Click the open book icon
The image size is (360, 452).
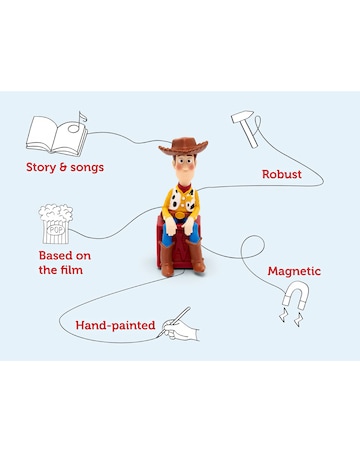(52, 134)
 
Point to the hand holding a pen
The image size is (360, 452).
(181, 325)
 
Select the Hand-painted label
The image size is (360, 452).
(115, 325)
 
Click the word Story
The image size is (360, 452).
(45, 166)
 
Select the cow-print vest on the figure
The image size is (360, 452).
(180, 204)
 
